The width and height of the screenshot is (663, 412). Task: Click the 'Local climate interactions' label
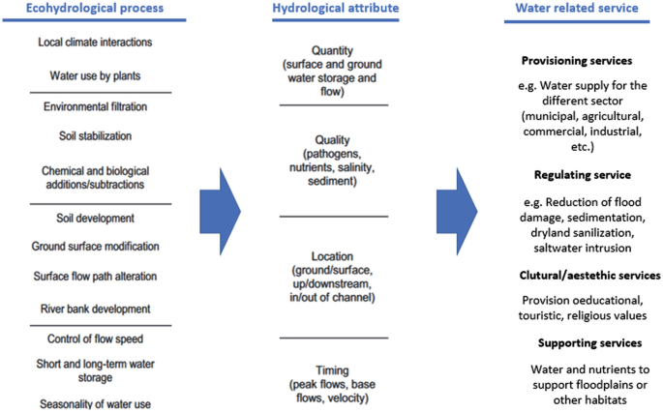[95, 43]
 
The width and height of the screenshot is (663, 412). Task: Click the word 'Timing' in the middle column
[333, 370]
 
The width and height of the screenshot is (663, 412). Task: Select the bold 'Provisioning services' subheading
[576, 60]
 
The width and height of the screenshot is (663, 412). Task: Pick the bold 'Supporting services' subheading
[590, 343]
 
